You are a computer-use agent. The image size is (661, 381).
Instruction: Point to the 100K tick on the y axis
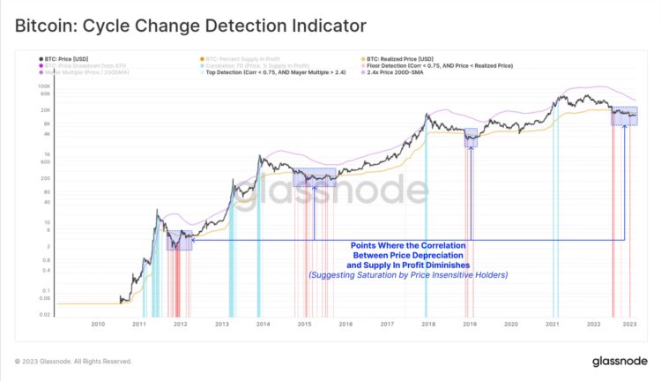click(x=44, y=86)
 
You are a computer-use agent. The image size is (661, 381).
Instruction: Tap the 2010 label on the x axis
click(x=98, y=324)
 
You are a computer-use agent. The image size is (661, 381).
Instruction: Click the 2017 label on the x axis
click(x=386, y=324)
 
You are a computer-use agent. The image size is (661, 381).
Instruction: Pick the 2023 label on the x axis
click(x=630, y=324)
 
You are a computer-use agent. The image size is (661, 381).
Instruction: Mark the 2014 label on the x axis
click(x=263, y=324)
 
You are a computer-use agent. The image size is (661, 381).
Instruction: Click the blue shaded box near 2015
click(x=315, y=176)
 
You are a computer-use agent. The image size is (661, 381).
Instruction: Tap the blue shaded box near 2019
click(x=471, y=138)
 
